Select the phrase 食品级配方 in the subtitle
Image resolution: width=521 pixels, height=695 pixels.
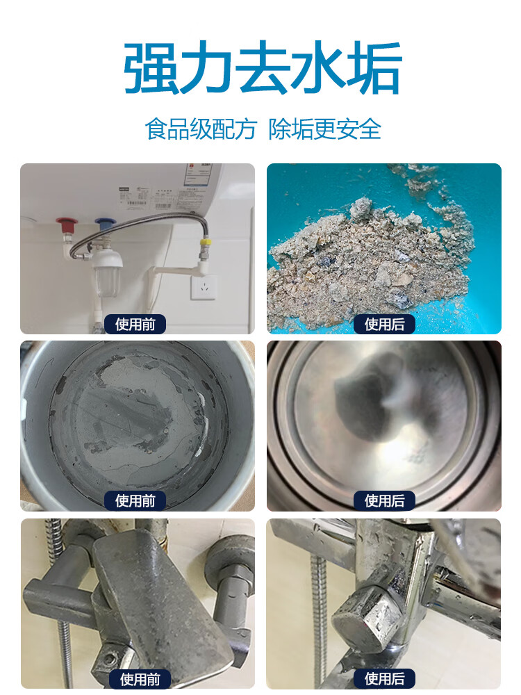pyautogui.click(x=201, y=129)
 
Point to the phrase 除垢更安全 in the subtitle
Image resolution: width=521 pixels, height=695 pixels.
pyautogui.click(x=325, y=129)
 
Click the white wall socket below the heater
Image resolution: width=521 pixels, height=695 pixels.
pyautogui.click(x=204, y=287)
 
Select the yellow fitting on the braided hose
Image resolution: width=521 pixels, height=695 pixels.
pyautogui.click(x=206, y=245)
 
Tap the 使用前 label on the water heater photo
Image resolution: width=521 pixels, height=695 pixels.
pyautogui.click(x=135, y=324)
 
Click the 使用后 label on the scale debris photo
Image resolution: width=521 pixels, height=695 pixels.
pyautogui.click(x=384, y=324)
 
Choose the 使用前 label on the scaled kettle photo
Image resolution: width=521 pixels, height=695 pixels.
pyautogui.click(x=135, y=500)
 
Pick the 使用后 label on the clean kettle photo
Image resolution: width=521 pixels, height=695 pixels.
pyautogui.click(x=384, y=500)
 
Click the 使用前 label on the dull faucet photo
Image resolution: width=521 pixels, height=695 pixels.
pyautogui.click(x=140, y=679)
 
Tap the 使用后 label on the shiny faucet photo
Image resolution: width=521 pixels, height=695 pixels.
pyautogui.click(x=384, y=679)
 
